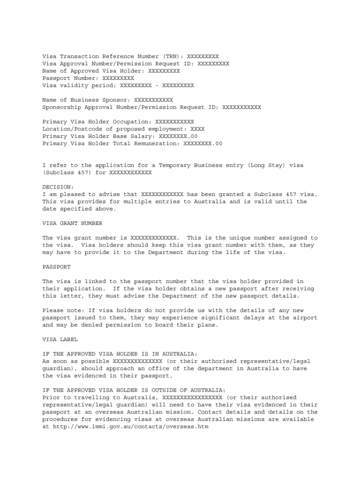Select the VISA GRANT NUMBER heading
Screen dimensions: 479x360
[72, 223]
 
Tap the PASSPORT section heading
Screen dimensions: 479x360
[57, 267]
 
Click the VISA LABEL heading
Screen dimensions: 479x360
[60, 339]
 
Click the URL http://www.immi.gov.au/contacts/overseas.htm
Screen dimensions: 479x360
[130, 427]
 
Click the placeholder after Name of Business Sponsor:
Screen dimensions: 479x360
[153, 100]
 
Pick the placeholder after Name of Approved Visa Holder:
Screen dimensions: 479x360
[164, 71]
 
